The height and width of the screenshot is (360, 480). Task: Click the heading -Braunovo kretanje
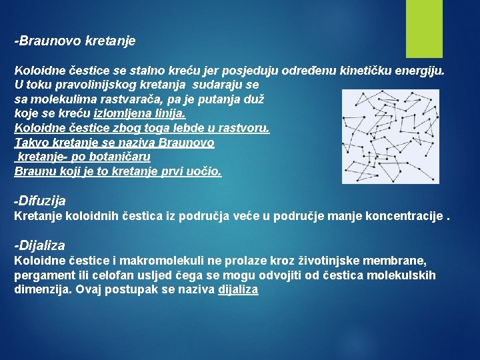click(x=75, y=41)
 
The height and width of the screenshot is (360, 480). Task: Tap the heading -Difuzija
click(x=40, y=201)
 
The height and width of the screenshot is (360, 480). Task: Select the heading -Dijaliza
click(x=39, y=246)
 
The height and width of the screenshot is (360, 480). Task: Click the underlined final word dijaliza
click(x=238, y=290)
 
